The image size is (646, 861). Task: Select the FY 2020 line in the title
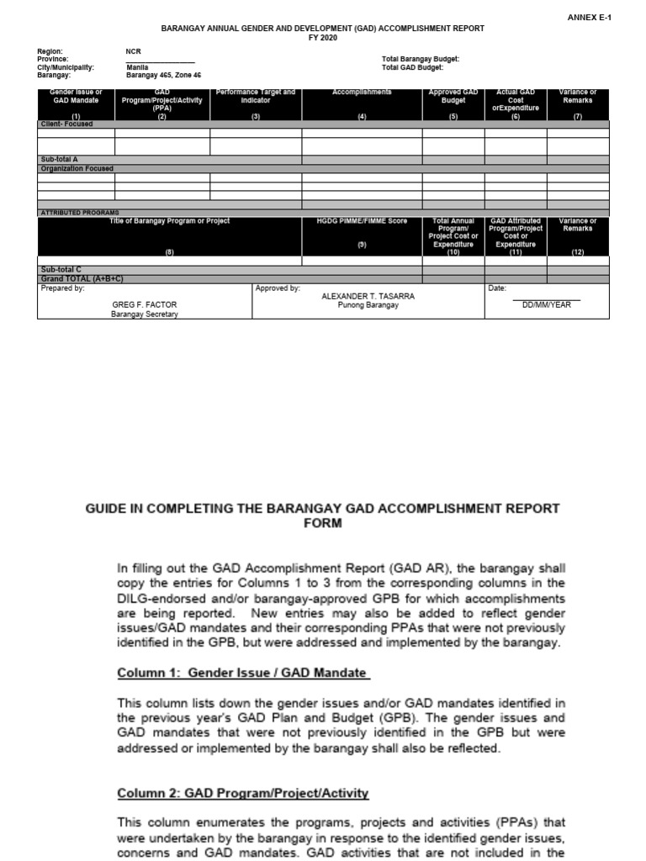click(323, 39)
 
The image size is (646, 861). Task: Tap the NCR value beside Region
click(134, 51)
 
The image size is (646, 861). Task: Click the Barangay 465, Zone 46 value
click(164, 75)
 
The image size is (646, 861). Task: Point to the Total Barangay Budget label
click(421, 59)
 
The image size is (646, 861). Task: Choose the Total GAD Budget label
click(411, 67)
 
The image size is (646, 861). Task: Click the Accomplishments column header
click(362, 92)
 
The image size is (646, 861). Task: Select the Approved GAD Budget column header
click(453, 96)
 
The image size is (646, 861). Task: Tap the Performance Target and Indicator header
click(256, 96)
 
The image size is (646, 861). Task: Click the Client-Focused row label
click(66, 124)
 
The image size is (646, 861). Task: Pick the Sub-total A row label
click(59, 159)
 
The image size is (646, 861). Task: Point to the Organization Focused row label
click(77, 168)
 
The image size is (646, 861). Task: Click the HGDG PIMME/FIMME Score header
click(362, 221)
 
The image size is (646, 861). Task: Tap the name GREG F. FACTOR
click(145, 304)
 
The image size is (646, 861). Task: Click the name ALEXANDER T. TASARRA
click(368, 296)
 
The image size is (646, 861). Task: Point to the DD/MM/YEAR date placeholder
click(546, 305)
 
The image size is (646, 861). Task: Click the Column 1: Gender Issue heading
click(242, 673)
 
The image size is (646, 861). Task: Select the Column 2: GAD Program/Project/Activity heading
click(242, 793)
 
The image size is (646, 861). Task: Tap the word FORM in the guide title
click(323, 523)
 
